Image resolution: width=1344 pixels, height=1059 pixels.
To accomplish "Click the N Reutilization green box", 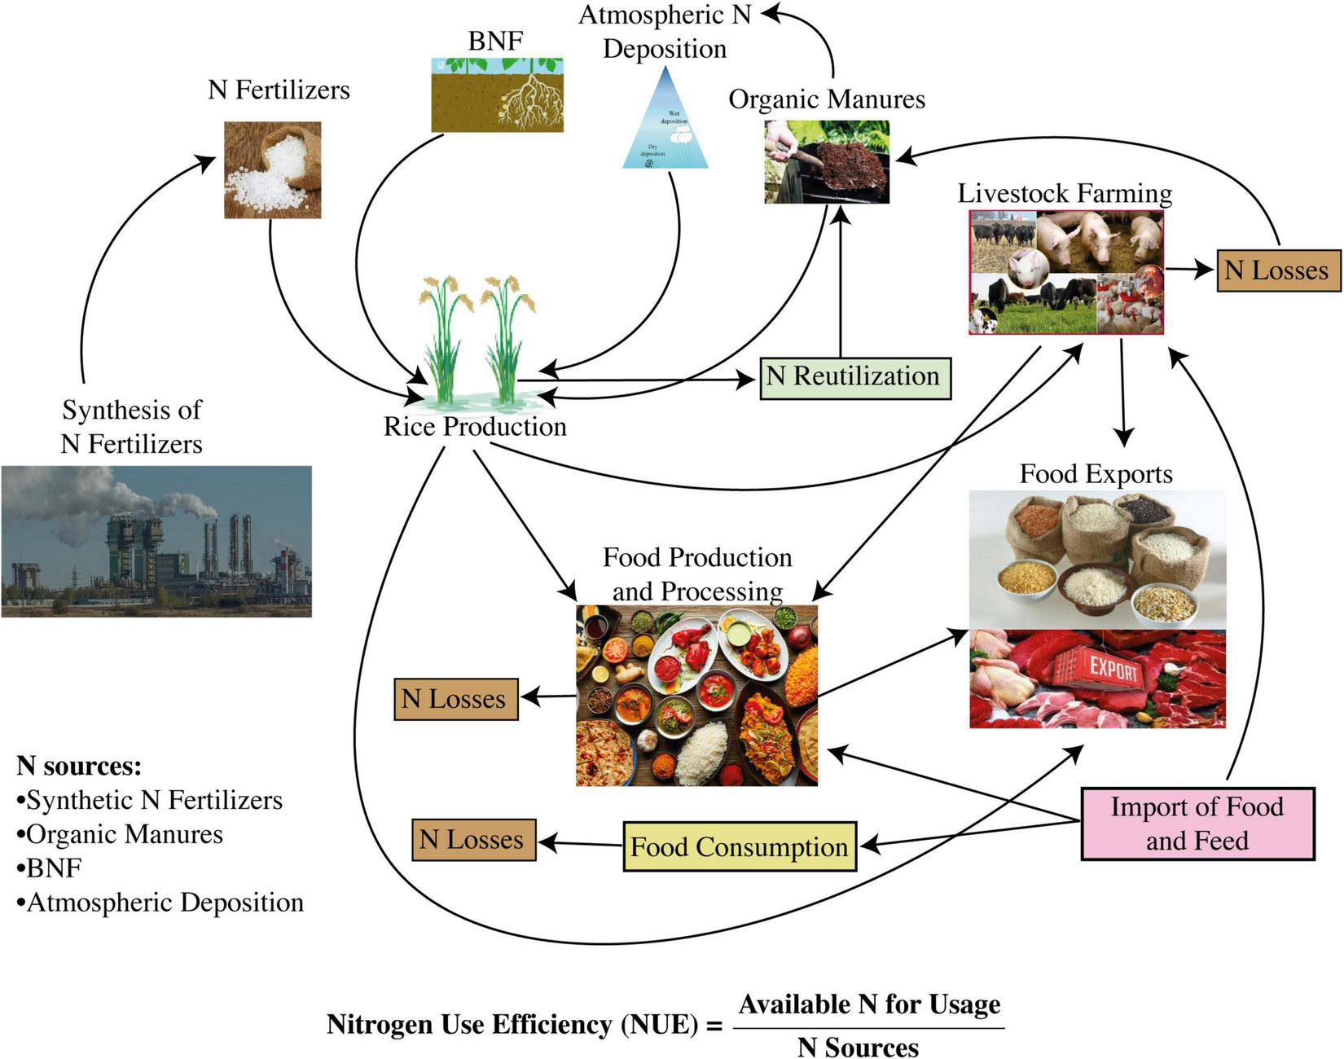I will pyautogui.click(x=855, y=378).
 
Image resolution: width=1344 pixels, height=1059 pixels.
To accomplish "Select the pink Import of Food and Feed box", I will pyautogui.click(x=1197, y=824).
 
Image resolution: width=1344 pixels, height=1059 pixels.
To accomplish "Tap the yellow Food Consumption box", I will pyautogui.click(x=739, y=846).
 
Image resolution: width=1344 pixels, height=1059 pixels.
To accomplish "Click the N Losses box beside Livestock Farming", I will pyautogui.click(x=1277, y=270).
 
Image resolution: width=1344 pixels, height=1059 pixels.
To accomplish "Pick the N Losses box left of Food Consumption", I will pyautogui.click(x=472, y=840).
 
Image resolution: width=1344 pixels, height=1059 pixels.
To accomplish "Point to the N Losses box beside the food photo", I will pyautogui.click(x=455, y=699).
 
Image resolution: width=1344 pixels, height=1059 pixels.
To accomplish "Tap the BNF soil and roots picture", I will pyautogui.click(x=496, y=94).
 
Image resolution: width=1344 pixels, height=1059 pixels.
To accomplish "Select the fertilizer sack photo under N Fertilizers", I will pyautogui.click(x=272, y=170).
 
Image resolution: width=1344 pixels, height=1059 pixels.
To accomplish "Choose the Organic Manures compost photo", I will pyautogui.click(x=826, y=162).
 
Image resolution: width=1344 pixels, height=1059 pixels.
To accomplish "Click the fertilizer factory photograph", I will pyautogui.click(x=156, y=541).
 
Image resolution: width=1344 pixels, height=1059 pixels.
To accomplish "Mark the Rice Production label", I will pyautogui.click(x=475, y=427).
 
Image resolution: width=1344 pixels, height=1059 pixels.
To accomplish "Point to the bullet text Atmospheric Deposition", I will pyautogui.click(x=165, y=903).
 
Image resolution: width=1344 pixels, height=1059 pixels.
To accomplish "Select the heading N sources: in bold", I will pyautogui.click(x=79, y=766).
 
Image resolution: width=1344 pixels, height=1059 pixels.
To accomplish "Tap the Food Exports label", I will pyautogui.click(x=1096, y=474).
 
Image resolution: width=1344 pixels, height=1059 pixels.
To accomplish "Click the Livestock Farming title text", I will pyautogui.click(x=1065, y=194).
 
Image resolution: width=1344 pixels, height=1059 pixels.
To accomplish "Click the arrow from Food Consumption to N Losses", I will pyautogui.click(x=578, y=844).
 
